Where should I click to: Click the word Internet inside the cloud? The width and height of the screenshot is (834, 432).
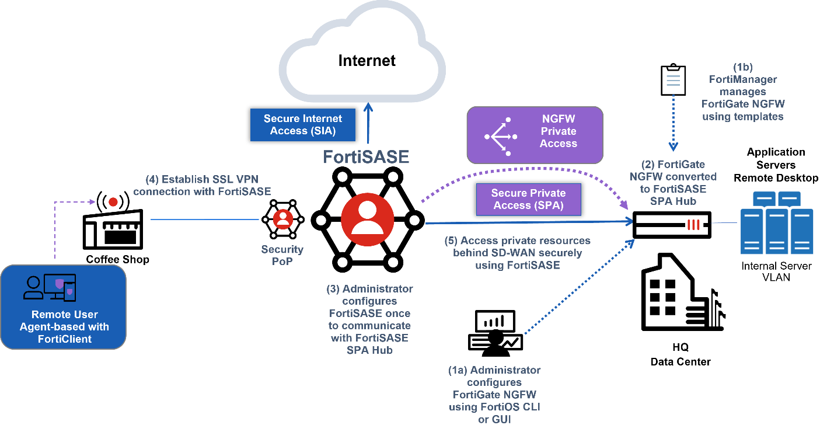[x=367, y=60]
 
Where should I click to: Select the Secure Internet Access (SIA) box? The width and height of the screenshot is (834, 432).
[x=302, y=125]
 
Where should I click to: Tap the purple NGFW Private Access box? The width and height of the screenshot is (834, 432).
[x=534, y=135]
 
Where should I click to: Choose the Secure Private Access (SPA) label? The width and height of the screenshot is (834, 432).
[x=528, y=199]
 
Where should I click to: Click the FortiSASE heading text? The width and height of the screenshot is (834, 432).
[x=367, y=156]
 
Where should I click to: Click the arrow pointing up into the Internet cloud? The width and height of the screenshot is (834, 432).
[x=368, y=123]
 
